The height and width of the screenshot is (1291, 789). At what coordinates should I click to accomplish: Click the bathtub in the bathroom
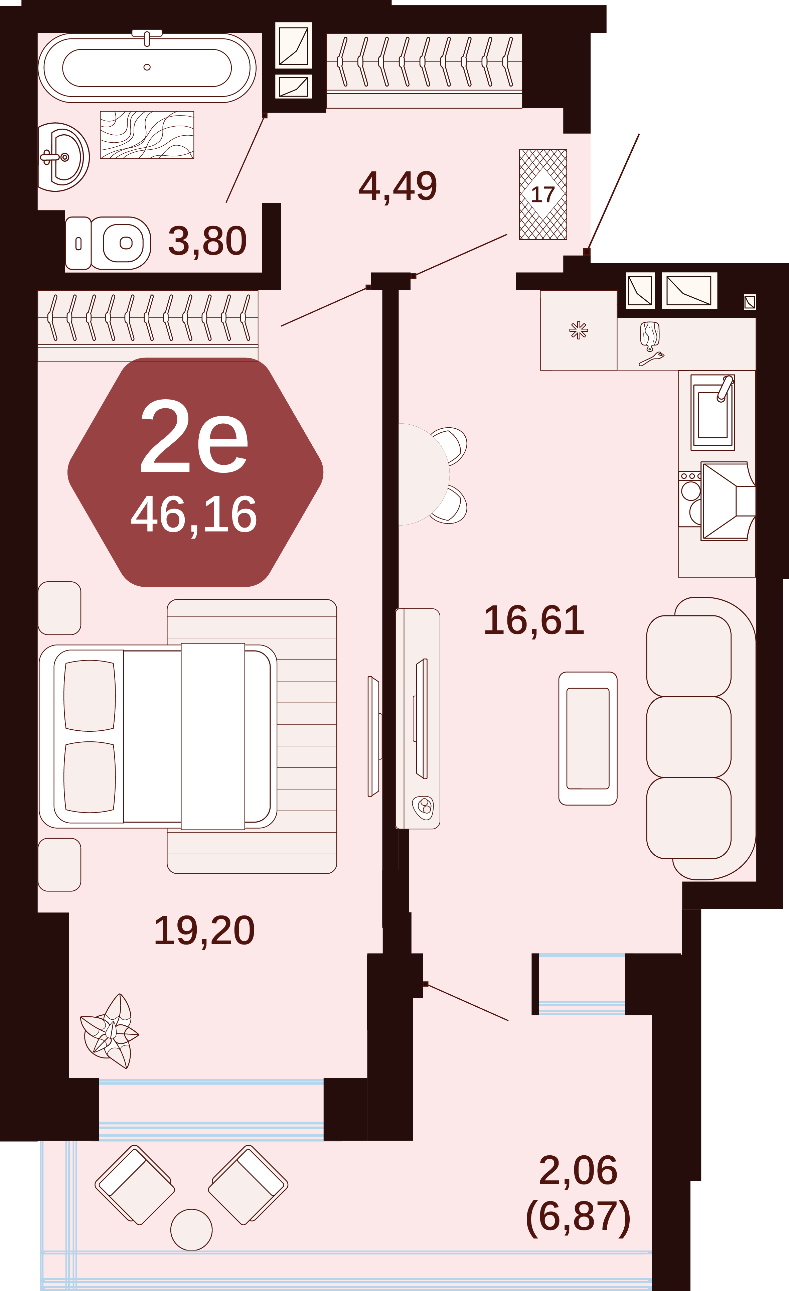pos(147,67)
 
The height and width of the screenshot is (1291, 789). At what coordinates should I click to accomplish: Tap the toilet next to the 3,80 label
pos(108,243)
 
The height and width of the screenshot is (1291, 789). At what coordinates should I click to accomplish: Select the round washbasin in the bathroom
pos(63,157)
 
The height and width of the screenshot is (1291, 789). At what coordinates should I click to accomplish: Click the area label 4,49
pos(398,186)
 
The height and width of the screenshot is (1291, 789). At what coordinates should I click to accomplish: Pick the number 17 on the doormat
pos(543,195)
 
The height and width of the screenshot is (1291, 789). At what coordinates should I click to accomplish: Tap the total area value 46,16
pos(194,516)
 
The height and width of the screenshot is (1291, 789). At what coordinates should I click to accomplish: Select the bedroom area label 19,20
pos(204,931)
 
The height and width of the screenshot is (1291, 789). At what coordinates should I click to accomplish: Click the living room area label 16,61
pos(534,621)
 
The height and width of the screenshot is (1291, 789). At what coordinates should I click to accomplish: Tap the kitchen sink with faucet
pos(713,412)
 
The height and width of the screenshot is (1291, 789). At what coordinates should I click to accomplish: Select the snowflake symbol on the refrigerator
pos(579,331)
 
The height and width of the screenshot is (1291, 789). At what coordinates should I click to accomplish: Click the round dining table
pos(423,474)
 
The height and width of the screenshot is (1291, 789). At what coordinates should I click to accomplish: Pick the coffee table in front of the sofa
pos(588,738)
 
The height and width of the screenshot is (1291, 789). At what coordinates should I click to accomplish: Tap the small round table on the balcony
pos(191,1230)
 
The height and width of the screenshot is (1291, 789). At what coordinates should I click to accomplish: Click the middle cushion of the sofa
pos(689,737)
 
